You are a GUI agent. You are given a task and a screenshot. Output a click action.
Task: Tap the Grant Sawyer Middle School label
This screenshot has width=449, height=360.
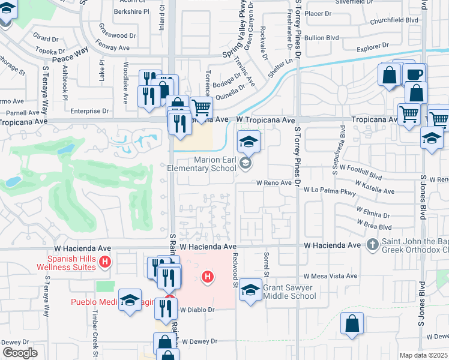point(289,292)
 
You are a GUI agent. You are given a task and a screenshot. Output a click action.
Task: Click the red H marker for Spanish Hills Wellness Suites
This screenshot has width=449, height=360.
point(105,262)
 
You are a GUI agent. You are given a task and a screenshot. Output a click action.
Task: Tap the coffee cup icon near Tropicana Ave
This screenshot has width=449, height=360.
point(414,74)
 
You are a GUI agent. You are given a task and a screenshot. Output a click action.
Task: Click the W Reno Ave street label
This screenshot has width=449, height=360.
point(274,182)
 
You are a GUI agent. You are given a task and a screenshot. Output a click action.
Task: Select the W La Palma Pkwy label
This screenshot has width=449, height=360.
point(330,189)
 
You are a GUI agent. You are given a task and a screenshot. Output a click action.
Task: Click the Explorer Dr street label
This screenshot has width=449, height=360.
point(373,46)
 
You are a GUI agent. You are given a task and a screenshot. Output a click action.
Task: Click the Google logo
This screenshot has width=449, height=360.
point(20,353)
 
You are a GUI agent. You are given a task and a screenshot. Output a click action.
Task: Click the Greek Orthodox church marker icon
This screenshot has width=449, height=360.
point(373,245)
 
